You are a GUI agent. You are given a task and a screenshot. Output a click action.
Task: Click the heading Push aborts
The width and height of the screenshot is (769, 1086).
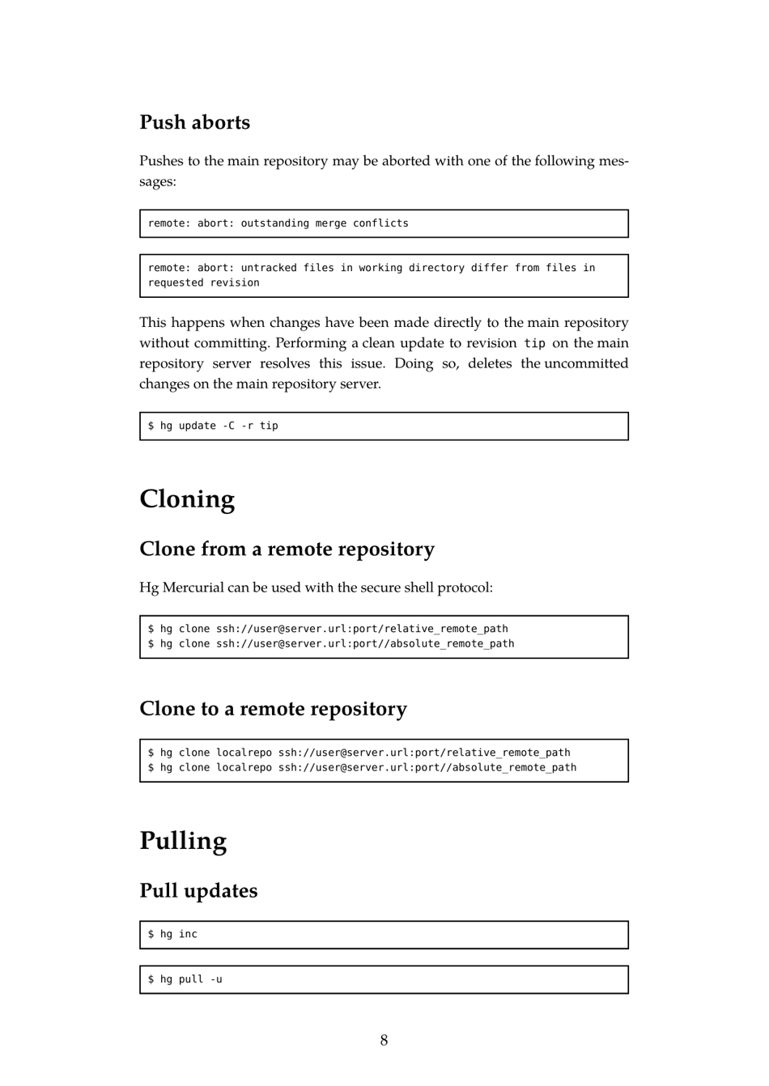(194, 122)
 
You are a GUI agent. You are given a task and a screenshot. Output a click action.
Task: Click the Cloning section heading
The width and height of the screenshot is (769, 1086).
(187, 498)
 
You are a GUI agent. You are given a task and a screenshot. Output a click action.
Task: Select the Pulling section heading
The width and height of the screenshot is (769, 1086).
(183, 840)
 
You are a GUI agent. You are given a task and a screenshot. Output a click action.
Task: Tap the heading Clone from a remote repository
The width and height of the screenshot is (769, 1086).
(287, 549)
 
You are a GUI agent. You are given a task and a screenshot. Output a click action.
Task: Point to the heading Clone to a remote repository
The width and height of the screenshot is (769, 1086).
(273, 708)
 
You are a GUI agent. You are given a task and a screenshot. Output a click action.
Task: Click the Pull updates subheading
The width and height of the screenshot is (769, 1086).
(198, 890)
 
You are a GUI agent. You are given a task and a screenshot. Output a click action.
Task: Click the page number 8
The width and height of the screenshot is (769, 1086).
(384, 1040)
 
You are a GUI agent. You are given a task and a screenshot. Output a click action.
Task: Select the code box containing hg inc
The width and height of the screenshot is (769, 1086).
(384, 935)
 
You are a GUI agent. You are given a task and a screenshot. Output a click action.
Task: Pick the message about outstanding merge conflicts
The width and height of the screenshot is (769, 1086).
(278, 223)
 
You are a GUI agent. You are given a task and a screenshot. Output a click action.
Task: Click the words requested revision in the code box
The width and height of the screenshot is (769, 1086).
(203, 282)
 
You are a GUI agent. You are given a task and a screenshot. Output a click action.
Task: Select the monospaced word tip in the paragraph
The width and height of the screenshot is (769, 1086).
(534, 343)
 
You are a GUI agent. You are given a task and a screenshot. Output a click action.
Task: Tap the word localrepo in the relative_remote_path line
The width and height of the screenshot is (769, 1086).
(244, 753)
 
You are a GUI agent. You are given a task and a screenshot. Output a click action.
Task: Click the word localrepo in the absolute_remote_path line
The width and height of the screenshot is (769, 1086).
(244, 767)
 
